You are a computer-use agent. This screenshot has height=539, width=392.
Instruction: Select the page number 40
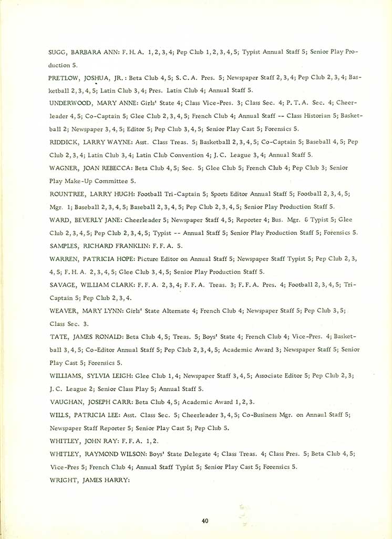(205, 521)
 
